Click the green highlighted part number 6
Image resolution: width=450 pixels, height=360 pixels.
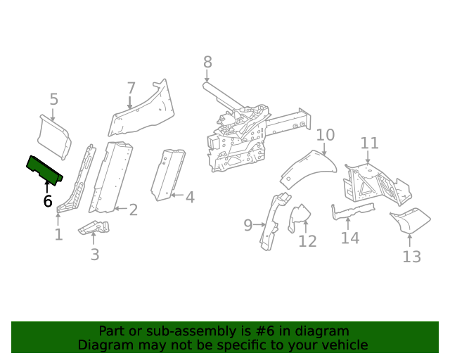[44, 169]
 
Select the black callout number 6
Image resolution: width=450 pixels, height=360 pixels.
[47, 201]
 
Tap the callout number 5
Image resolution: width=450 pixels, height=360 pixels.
[54, 100]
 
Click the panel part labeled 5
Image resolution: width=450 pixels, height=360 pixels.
[55, 135]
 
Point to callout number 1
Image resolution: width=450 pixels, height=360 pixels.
[58, 235]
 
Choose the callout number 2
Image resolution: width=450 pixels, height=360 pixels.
[133, 210]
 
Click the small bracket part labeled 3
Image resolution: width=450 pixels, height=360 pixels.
[94, 228]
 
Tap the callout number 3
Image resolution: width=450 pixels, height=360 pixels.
[95, 254]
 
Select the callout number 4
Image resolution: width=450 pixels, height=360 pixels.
[189, 197]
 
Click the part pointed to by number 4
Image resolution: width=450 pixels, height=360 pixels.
[168, 173]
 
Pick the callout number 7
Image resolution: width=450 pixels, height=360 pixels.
[131, 89]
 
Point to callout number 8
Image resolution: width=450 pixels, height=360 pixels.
[207, 63]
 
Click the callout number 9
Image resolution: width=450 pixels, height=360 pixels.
[248, 225]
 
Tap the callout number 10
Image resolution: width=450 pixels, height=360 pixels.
[325, 135]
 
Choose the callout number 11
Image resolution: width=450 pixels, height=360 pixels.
[369, 143]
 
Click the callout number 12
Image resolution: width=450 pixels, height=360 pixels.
[307, 241]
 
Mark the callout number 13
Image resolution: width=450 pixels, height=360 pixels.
[411, 257]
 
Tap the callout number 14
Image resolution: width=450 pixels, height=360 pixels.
[349, 238]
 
